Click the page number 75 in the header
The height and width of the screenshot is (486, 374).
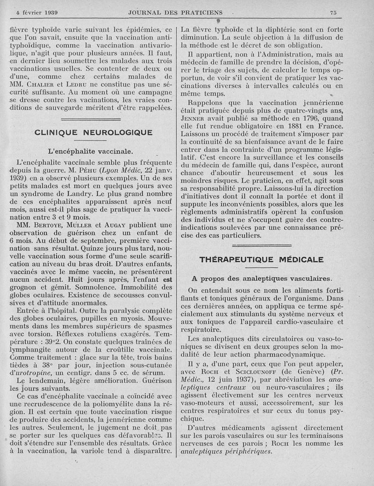pos(333,12)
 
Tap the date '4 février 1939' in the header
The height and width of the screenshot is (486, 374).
pos(40,12)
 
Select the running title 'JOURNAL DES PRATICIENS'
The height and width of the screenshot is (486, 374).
pos(175,12)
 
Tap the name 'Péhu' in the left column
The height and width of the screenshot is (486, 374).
pos(84,171)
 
